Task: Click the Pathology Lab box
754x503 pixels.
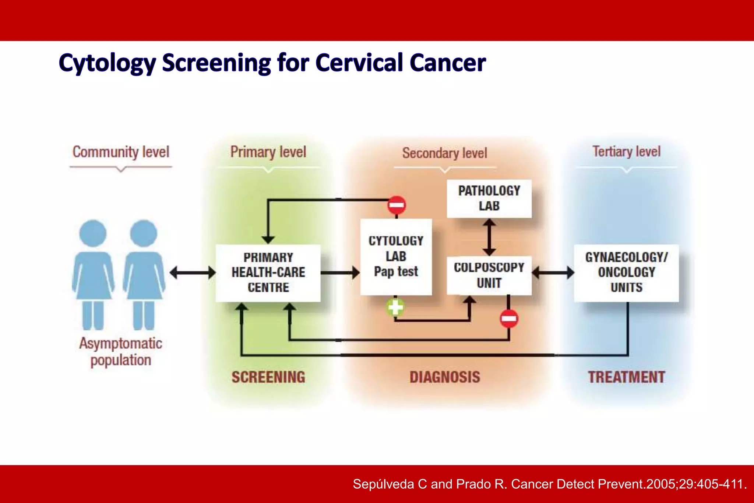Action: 489,198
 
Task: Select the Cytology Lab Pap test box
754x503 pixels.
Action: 396,257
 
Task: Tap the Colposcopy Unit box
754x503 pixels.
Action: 489,275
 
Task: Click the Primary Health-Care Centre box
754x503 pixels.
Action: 268,272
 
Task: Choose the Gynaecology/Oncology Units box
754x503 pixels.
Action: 626,272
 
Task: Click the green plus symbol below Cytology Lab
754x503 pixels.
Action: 395,307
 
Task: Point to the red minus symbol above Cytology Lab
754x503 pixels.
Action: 397,205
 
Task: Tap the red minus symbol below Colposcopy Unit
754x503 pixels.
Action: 509,319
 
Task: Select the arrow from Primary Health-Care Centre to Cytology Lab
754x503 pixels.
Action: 339,273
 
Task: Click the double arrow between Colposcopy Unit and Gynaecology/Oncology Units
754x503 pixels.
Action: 553,273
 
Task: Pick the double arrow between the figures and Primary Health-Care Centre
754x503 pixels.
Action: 193,273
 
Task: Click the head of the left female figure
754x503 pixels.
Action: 93,233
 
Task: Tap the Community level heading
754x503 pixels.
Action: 121,152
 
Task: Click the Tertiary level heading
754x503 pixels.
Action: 626,151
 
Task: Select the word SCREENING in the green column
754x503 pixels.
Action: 268,377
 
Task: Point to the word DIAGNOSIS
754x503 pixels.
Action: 445,377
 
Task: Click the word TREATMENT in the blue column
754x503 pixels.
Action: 626,377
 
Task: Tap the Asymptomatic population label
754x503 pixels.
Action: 121,352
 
